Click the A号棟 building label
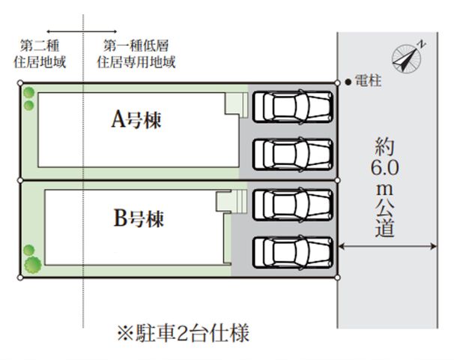(x=136, y=119)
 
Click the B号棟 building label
(x=139, y=218)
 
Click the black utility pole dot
(x=348, y=82)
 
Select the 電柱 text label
(x=368, y=80)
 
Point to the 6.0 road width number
(x=385, y=168)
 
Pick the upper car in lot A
(x=292, y=106)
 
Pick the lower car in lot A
(x=292, y=154)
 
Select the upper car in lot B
(x=292, y=205)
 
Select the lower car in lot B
(x=292, y=252)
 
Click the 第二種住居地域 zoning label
(x=40, y=54)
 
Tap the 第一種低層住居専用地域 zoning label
(x=136, y=54)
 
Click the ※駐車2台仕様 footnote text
(x=183, y=333)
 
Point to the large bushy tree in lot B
(x=33, y=265)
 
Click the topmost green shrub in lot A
(x=28, y=93)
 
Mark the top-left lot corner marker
(x=20, y=83)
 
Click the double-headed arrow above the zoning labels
(x=82, y=31)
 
